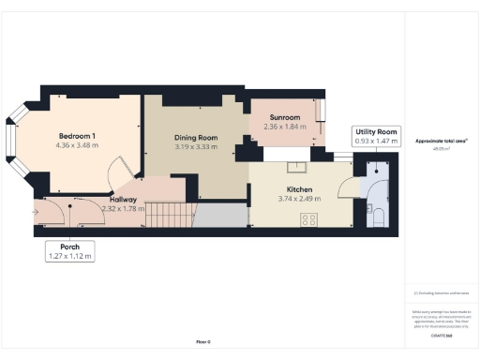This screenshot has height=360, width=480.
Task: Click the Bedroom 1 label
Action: pyautogui.click(x=77, y=135)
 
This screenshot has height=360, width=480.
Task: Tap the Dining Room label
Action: pyautogui.click(x=196, y=138)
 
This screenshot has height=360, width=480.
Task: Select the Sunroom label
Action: pyautogui.click(x=284, y=118)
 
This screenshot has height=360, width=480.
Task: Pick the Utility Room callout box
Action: pyautogui.click(x=377, y=136)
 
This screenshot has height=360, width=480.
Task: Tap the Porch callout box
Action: pyautogui.click(x=70, y=251)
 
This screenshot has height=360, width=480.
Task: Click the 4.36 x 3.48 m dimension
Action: pyautogui.click(x=77, y=145)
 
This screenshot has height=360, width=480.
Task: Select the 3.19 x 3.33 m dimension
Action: pyautogui.click(x=196, y=147)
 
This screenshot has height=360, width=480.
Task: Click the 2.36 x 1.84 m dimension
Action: pyautogui.click(x=284, y=127)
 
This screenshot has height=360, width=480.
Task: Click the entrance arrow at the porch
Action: pyautogui.click(x=36, y=213)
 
